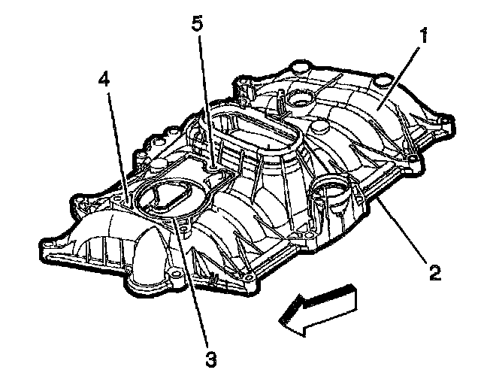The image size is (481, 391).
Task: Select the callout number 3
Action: point(210,359)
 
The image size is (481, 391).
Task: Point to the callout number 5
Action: point(197,23)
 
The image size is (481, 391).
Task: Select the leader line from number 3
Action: point(192,286)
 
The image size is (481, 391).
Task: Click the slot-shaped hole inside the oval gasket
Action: point(165,197)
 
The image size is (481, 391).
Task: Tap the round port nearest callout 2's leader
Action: point(331,195)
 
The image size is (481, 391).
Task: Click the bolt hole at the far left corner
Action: point(47,244)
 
